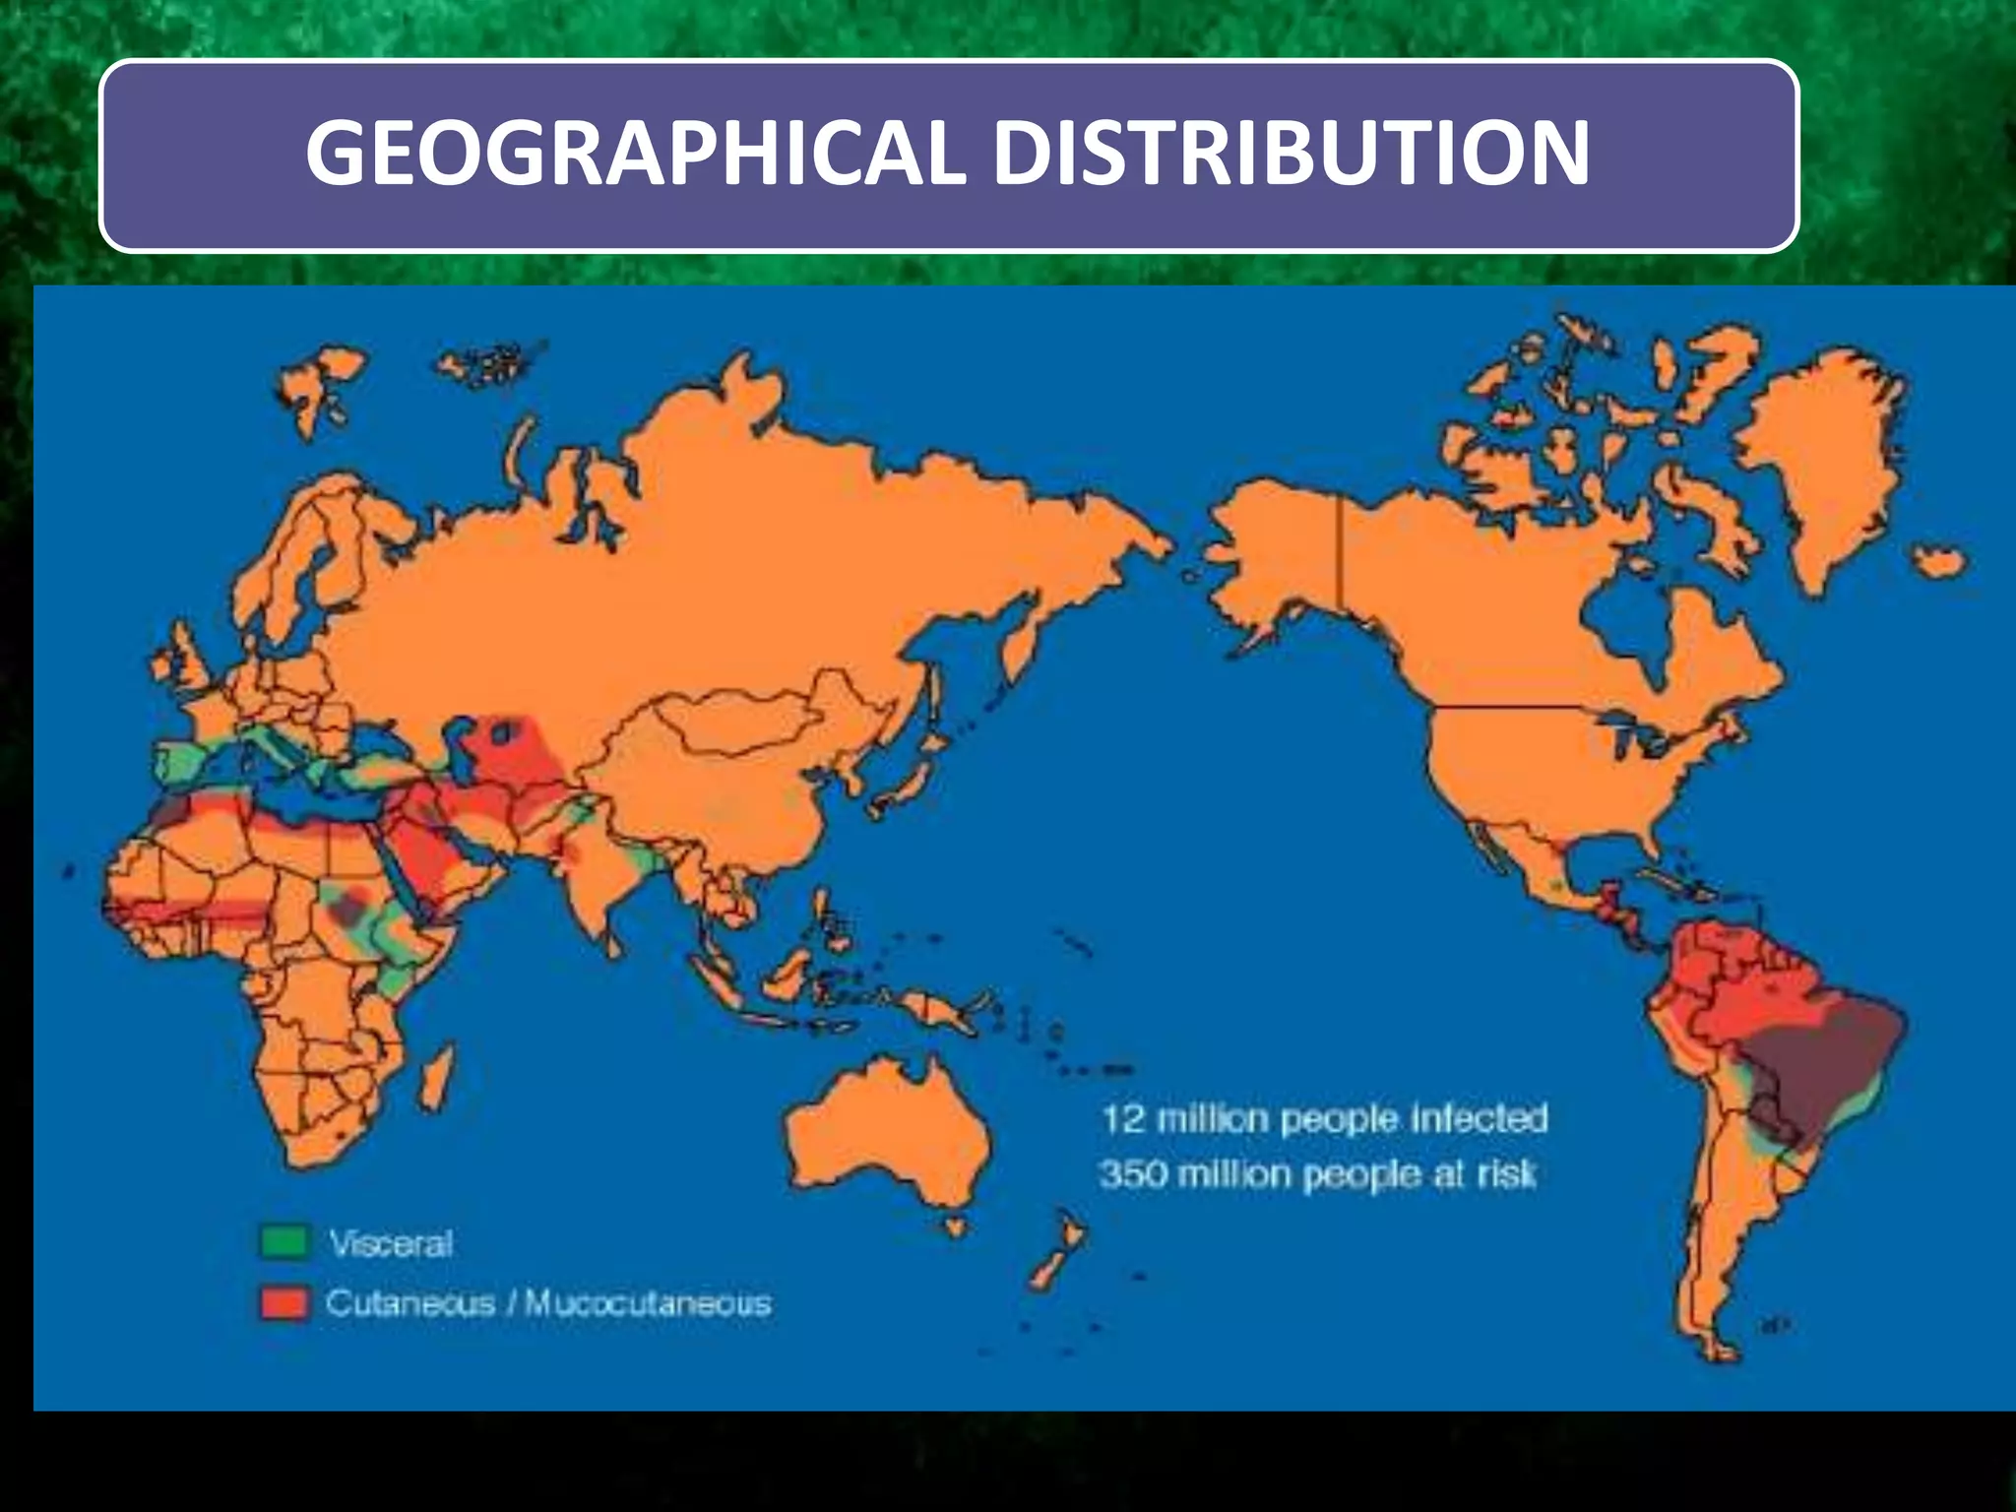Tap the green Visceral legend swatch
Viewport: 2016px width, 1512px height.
(x=284, y=1242)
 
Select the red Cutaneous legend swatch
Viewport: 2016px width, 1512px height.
(x=284, y=1302)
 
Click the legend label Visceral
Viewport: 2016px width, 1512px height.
(x=391, y=1243)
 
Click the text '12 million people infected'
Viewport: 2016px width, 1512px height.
(x=1324, y=1119)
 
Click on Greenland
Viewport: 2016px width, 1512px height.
(x=1831, y=453)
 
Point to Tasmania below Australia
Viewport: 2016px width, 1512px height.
(x=953, y=1227)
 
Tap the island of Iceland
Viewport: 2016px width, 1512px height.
(x=1940, y=563)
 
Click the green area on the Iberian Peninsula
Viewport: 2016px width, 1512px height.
(x=182, y=763)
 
